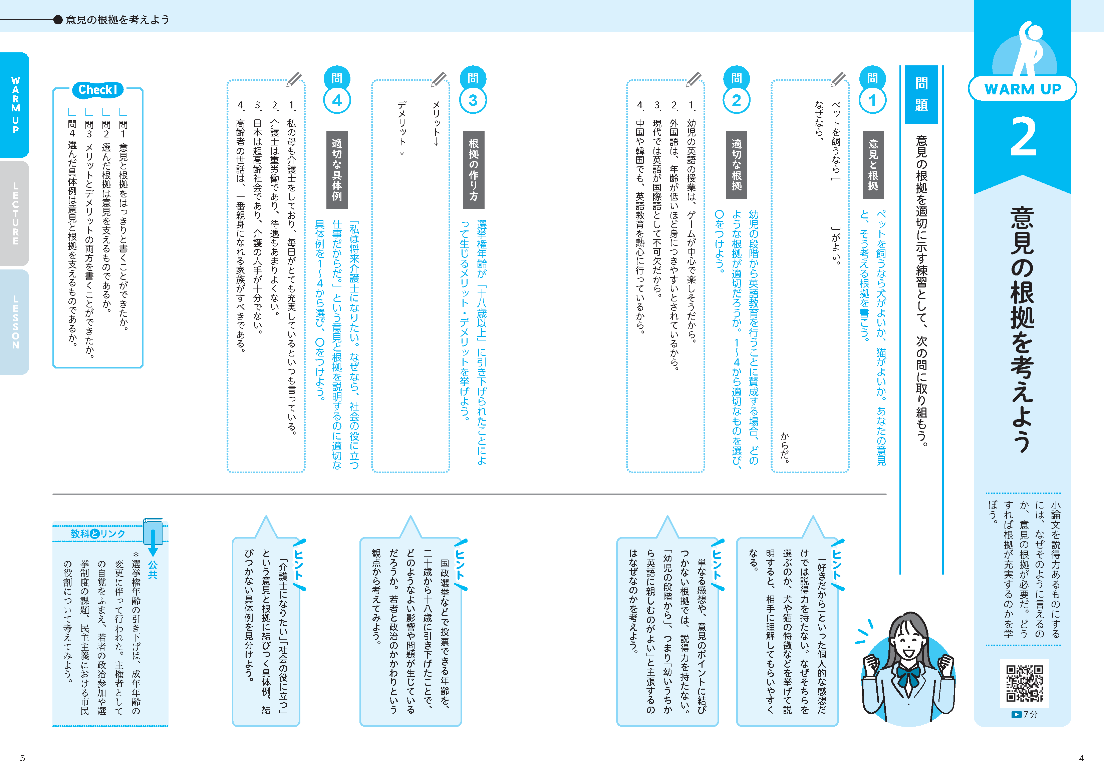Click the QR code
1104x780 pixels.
click(1025, 683)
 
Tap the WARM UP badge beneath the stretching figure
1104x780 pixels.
click(1022, 89)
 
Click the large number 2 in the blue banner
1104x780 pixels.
click(1023, 137)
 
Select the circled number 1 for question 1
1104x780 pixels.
click(872, 100)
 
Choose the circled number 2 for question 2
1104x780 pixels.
click(737, 100)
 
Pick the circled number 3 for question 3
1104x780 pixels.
click(473, 100)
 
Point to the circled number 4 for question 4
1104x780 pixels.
click(337, 100)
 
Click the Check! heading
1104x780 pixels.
click(97, 89)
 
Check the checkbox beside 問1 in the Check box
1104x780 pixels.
click(123, 111)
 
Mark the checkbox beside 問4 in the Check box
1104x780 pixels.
click(72, 111)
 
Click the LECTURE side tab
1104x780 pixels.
click(15, 213)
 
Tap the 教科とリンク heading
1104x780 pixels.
click(97, 534)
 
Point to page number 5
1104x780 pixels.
click(22, 758)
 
